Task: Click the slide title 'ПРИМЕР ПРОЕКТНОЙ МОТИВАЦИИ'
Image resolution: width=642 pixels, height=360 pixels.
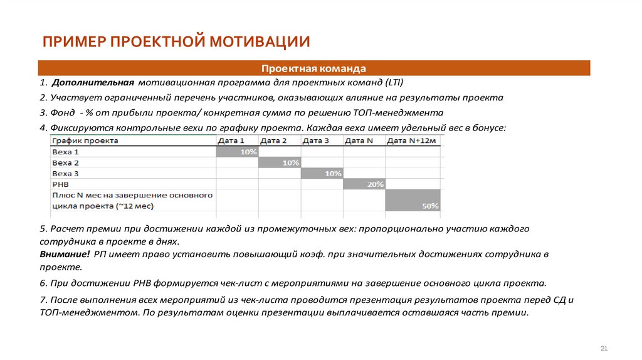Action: pos(176,42)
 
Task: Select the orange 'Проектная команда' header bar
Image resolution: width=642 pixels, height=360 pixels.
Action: pos(313,68)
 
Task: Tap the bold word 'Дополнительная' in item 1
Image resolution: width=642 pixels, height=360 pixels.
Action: pos(94,83)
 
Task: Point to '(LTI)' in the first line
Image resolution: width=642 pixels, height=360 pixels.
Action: pos(393,83)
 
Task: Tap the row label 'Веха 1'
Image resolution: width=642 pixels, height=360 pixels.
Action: pos(66,152)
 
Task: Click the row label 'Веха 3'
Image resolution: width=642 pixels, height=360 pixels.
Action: pos(66,173)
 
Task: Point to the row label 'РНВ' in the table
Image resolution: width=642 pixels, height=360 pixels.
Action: pos(60,184)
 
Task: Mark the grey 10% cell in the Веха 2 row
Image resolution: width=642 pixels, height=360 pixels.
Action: pos(280,162)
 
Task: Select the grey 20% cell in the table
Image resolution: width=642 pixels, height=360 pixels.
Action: pos(364,184)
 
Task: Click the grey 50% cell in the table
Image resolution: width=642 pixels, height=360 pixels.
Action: pos(414,200)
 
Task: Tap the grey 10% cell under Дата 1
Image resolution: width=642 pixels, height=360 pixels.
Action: pos(237,152)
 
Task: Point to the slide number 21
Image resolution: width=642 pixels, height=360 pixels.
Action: pos(604,348)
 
